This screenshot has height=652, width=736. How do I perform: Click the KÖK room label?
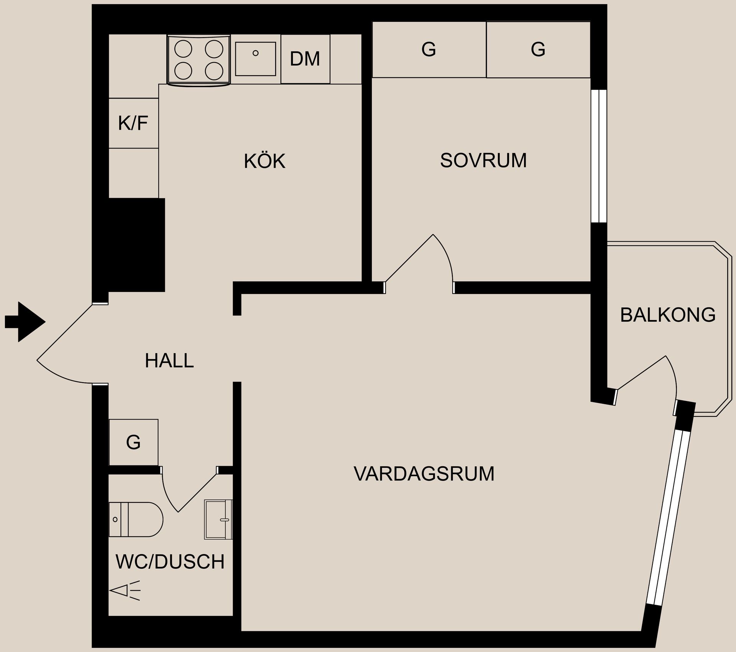264,161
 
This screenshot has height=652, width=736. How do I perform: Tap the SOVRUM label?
483,160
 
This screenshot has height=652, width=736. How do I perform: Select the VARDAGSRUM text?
424,474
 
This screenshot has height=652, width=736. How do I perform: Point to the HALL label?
169,361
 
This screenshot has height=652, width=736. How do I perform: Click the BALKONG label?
667,315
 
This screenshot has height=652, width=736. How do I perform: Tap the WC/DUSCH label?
170,562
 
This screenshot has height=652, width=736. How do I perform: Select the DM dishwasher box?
305,59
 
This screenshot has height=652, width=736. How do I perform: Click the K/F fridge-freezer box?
133,123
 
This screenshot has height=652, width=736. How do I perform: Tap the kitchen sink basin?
255,59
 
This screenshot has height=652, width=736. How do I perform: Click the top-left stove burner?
183,48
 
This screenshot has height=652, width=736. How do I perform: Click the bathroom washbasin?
219,520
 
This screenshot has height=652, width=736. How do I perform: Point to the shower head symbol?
125,591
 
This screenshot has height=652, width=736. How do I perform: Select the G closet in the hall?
133,442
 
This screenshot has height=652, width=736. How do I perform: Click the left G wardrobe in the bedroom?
429,50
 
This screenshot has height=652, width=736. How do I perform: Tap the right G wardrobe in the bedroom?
538,50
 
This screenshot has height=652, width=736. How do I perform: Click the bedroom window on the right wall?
598,156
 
